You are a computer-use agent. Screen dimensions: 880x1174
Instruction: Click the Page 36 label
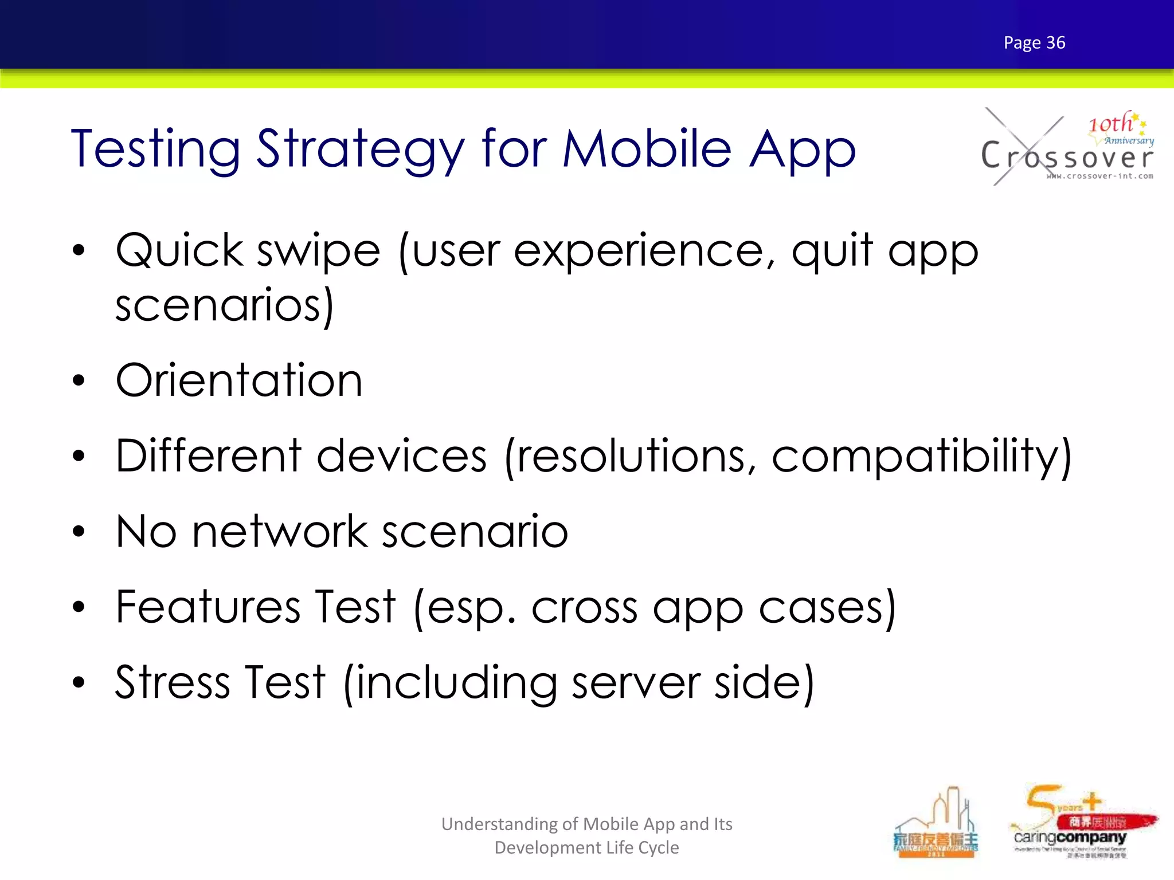tap(1034, 43)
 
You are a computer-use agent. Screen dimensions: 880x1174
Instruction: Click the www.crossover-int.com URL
tap(1099, 176)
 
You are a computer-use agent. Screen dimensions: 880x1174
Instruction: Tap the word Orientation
tap(239, 380)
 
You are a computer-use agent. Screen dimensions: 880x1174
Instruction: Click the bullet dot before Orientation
tap(79, 380)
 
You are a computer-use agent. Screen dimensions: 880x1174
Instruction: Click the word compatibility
tap(921, 457)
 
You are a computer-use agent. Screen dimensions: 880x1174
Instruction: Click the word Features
tap(208, 607)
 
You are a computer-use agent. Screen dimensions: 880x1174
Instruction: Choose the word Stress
tap(172, 682)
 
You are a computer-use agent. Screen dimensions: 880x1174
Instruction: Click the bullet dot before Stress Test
tap(79, 682)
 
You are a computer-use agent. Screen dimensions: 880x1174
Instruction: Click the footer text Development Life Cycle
tap(586, 847)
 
